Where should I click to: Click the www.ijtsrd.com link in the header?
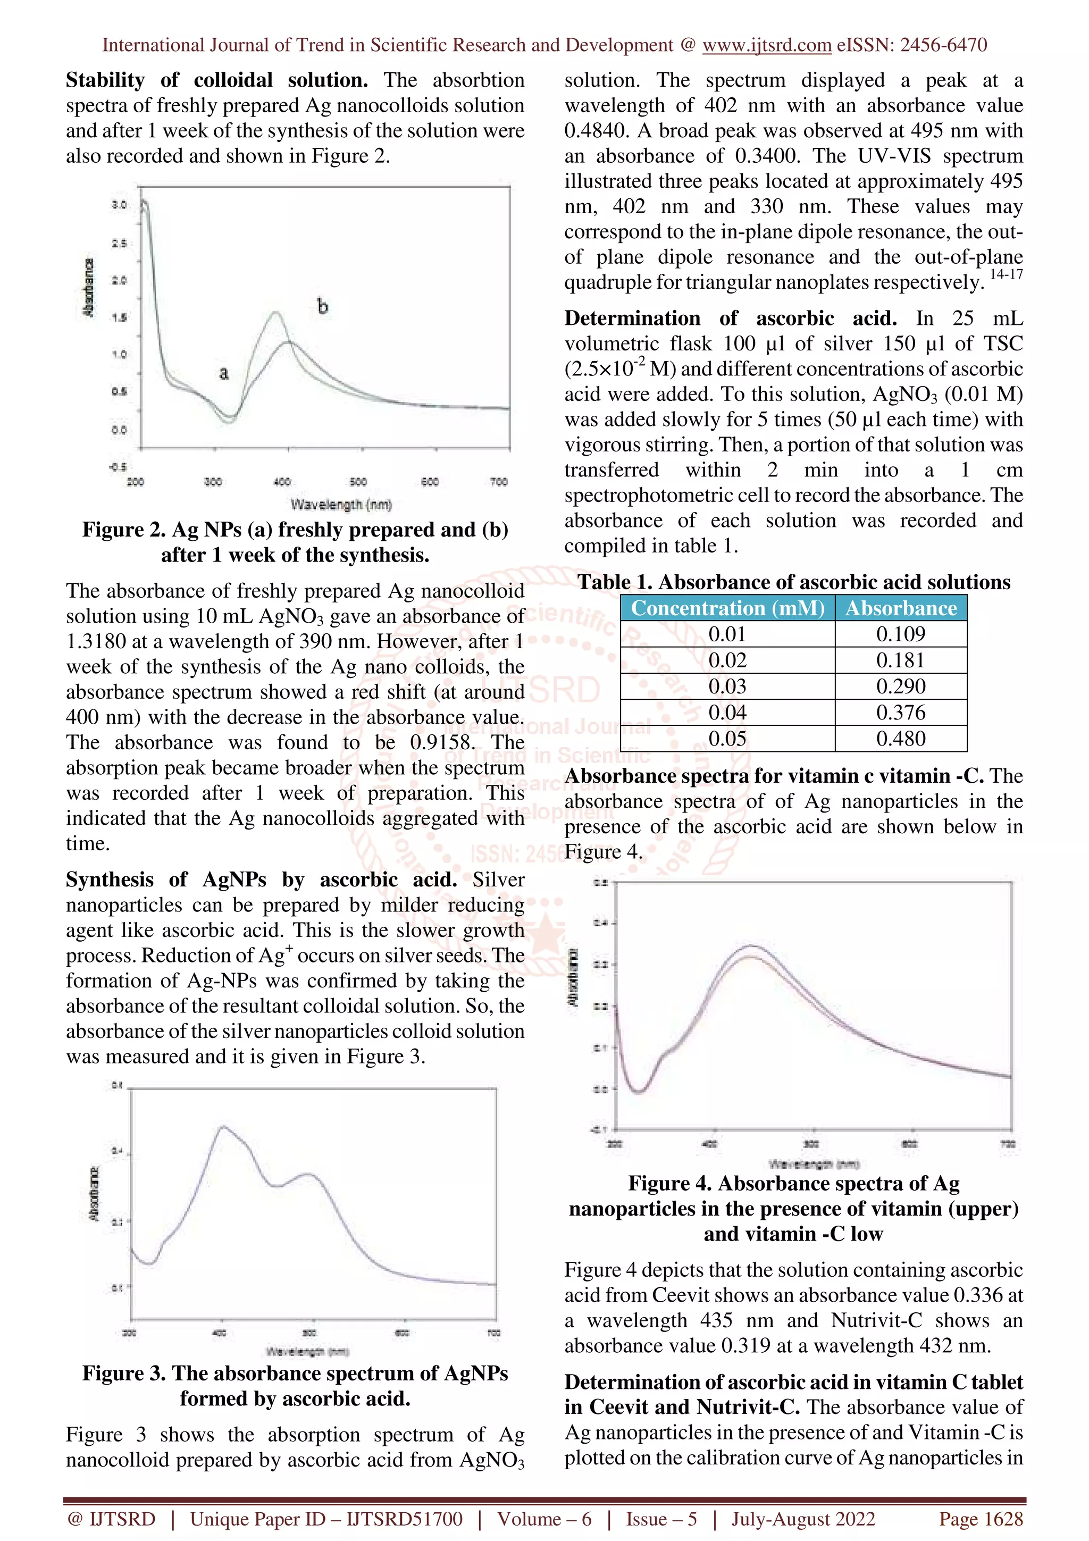pyautogui.click(x=766, y=45)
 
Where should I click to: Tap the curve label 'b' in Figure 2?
pyautogui.click(x=322, y=307)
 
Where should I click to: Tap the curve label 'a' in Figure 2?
pyautogui.click(x=223, y=373)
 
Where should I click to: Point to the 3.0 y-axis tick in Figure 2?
pyautogui.click(x=119, y=204)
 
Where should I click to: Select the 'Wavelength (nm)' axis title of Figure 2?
pyautogui.click(x=341, y=504)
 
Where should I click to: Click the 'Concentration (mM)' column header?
pyautogui.click(x=727, y=608)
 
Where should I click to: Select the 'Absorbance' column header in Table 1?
pyautogui.click(x=900, y=608)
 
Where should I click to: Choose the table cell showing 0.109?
pyautogui.click(x=900, y=634)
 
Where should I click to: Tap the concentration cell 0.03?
pyautogui.click(x=727, y=686)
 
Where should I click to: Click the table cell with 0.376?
pyautogui.click(x=900, y=713)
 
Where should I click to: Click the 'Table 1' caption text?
pyautogui.click(x=794, y=582)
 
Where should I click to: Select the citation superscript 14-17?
pyautogui.click(x=1006, y=274)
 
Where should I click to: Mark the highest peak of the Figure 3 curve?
pyautogui.click(x=223, y=1127)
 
